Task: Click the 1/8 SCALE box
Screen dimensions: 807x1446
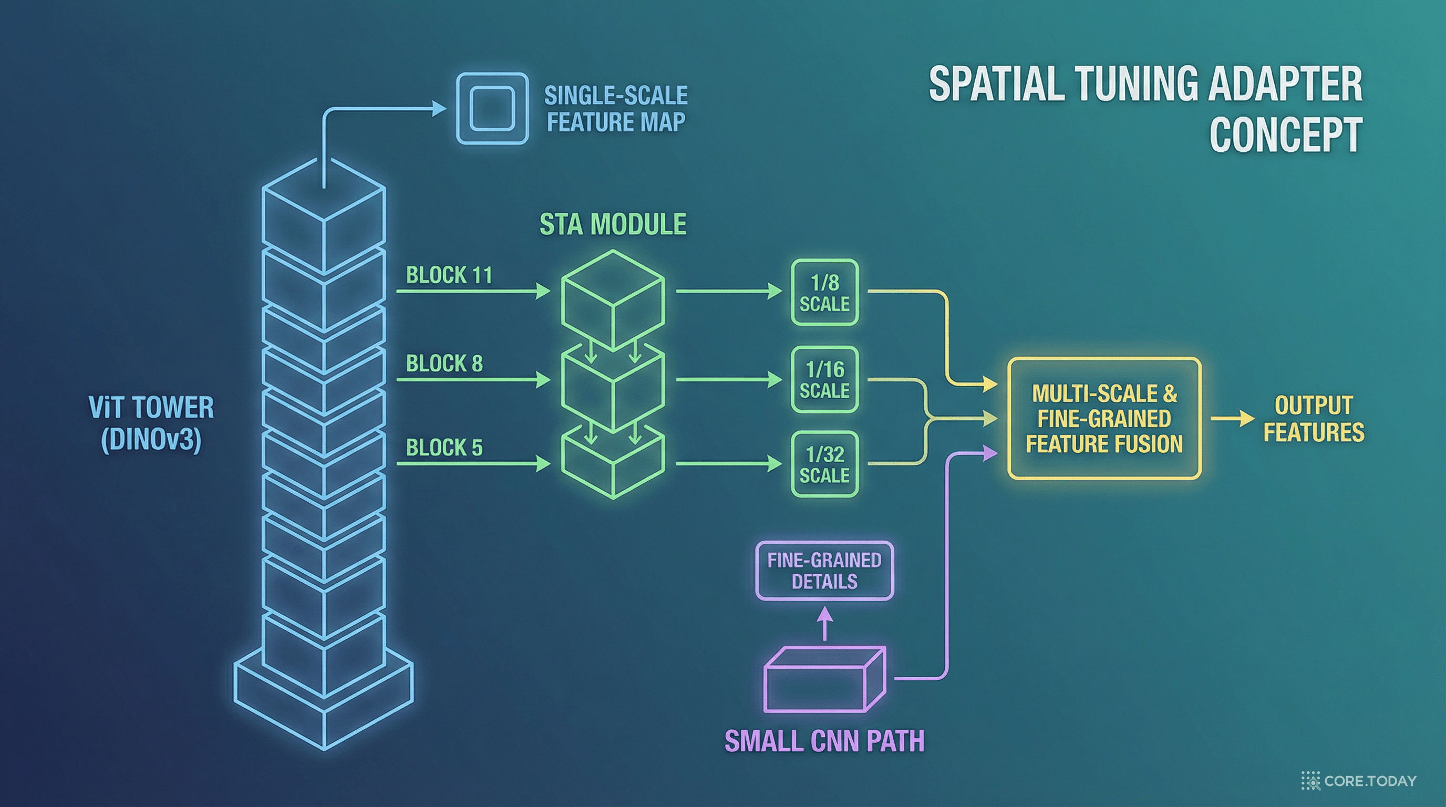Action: [824, 293]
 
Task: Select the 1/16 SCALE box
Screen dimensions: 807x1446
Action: [824, 380]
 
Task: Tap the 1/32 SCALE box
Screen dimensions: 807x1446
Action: [824, 464]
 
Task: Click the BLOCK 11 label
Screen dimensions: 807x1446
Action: [449, 275]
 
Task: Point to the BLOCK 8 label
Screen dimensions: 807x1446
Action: [444, 363]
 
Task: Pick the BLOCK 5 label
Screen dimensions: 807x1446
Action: [444, 447]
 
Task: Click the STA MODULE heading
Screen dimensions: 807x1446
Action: [613, 224]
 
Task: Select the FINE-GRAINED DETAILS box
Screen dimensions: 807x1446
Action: [824, 571]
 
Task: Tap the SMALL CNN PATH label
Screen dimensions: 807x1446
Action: [824, 741]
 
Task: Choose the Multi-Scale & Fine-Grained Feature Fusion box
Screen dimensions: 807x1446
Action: [1104, 419]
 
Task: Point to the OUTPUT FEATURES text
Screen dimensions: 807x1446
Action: [1314, 419]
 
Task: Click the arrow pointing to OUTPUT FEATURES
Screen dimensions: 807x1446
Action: [1232, 419]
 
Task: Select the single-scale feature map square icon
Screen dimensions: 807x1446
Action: [492, 109]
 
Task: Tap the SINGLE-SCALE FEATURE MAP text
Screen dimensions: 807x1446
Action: [616, 109]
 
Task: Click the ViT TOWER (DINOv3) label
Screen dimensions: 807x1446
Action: [151, 423]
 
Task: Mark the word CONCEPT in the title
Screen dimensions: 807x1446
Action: [1285, 134]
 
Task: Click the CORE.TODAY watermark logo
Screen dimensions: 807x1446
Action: [1358, 781]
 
